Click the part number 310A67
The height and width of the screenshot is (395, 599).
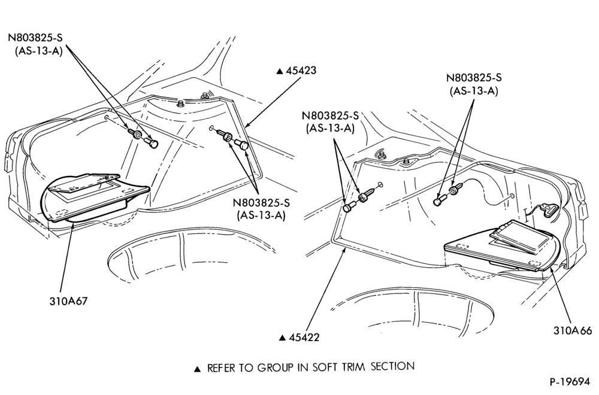(68, 301)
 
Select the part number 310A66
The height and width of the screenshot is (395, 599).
(572, 330)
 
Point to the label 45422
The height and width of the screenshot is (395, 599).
(304, 338)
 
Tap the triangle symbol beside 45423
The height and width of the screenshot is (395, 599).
(280, 71)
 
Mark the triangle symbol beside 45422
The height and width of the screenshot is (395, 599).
(283, 338)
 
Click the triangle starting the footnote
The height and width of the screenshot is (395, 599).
(198, 369)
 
